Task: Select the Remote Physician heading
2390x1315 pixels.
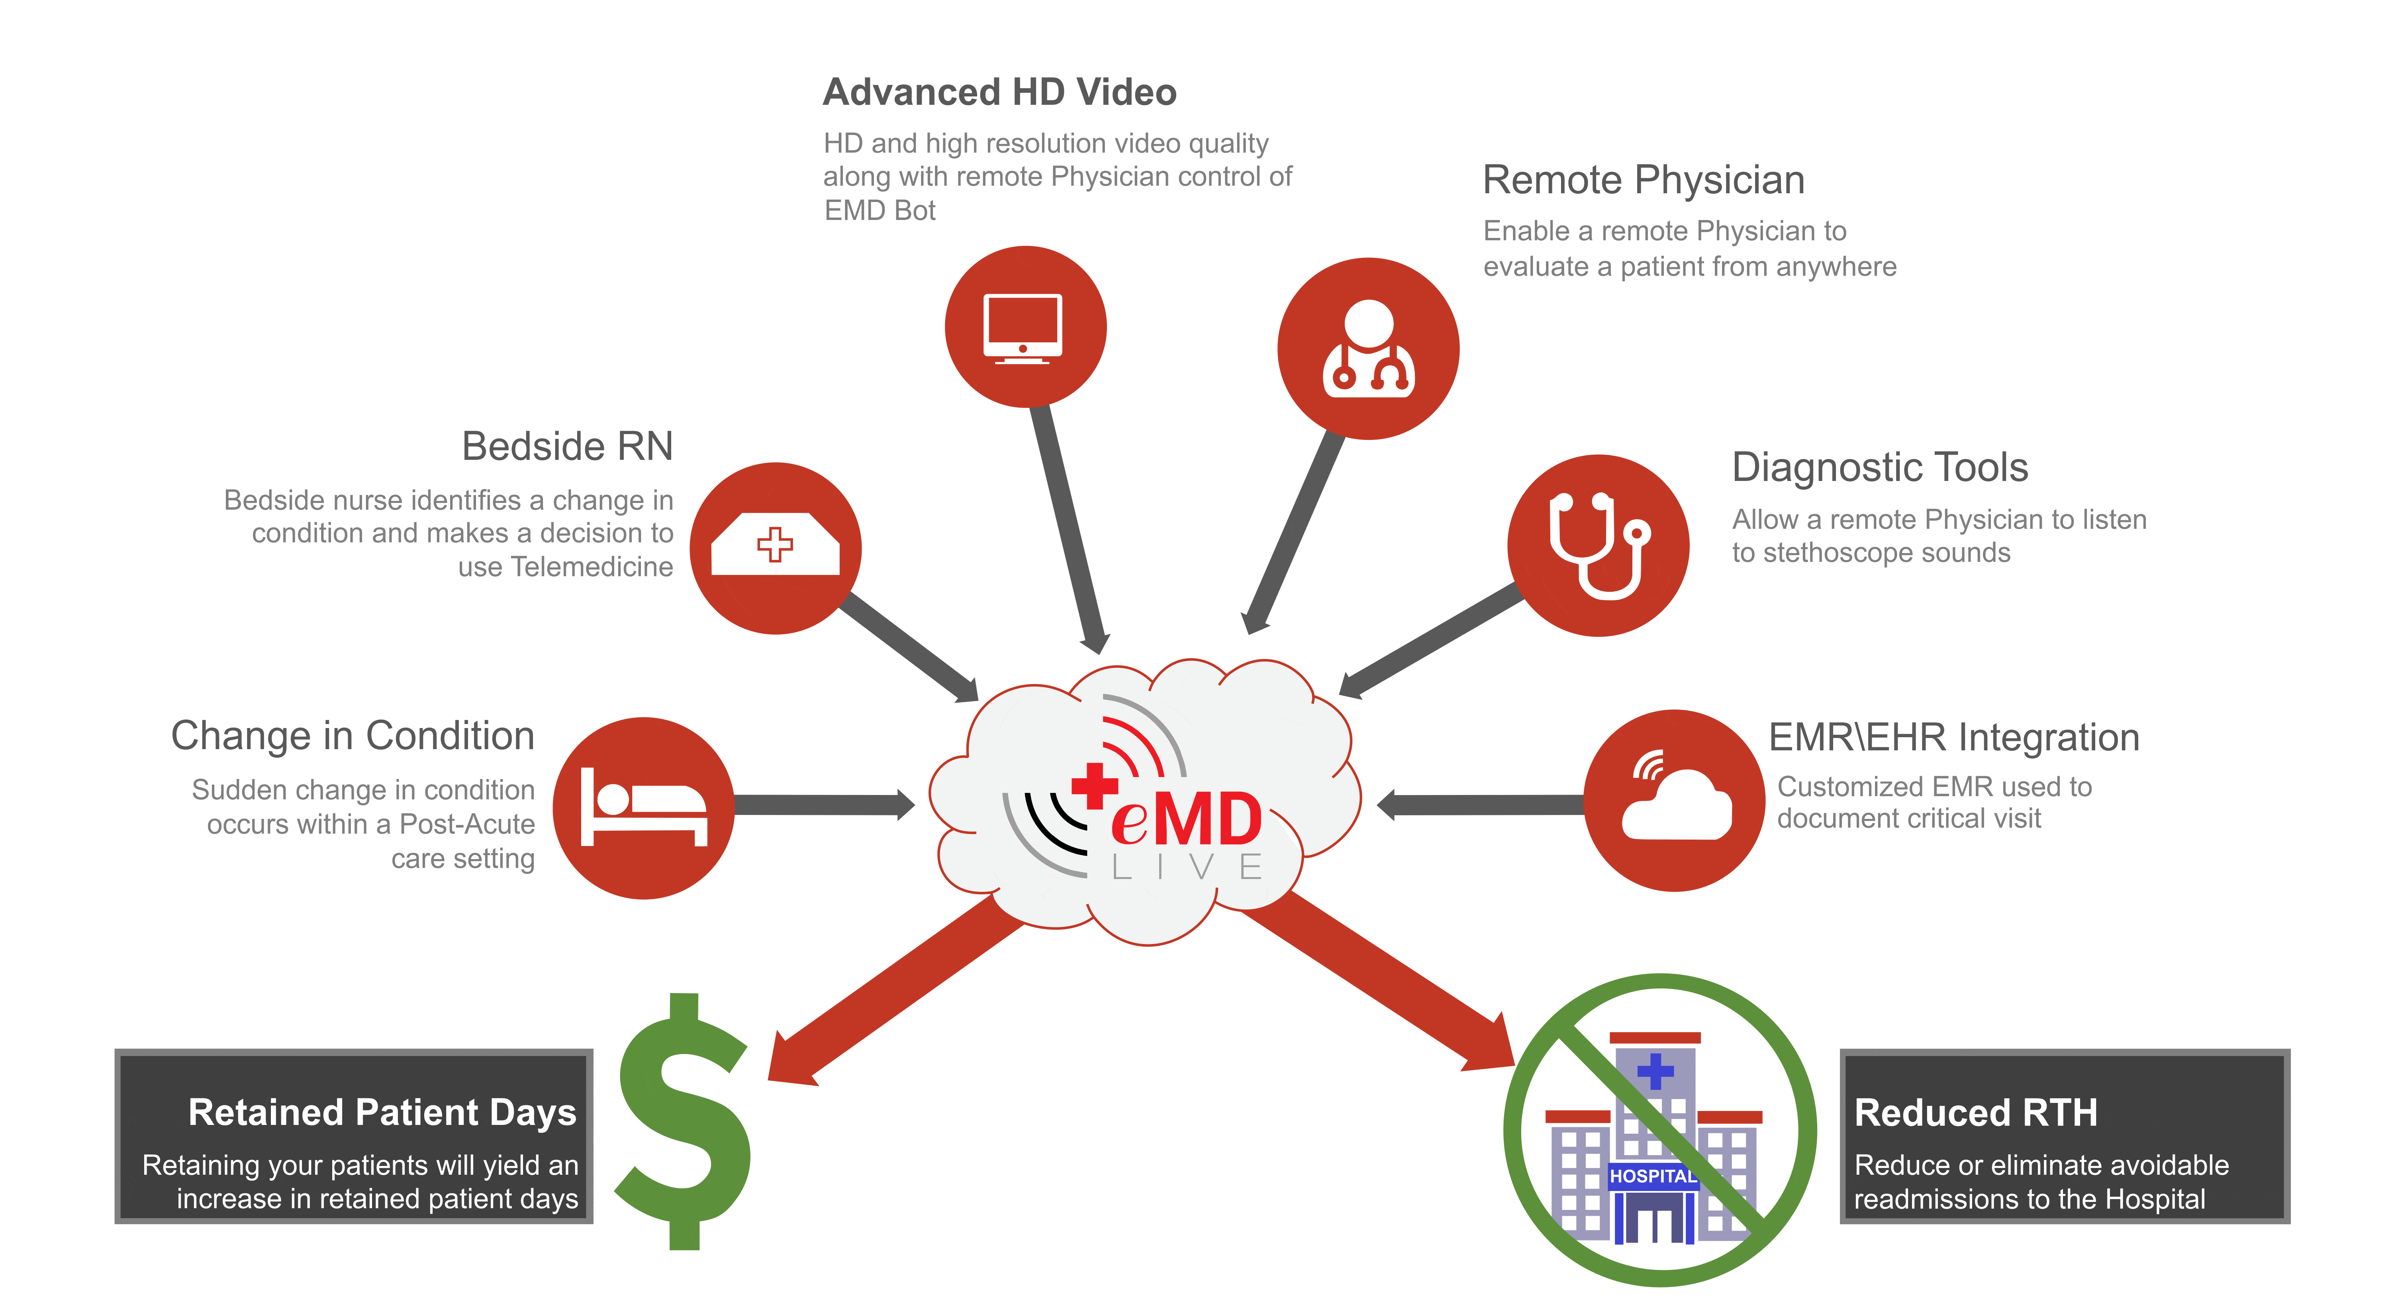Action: [x=1643, y=180]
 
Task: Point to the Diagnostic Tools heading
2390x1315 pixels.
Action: [x=1880, y=468]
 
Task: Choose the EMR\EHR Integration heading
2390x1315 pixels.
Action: [x=1954, y=738]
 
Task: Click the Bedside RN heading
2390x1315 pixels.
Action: [x=567, y=446]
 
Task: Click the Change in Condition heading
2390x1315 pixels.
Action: [x=353, y=736]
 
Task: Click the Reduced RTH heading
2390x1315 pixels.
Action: [x=1975, y=1113]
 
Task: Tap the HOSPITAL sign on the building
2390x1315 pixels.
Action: [x=1652, y=1176]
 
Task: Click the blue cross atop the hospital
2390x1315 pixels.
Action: [x=1655, y=1072]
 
